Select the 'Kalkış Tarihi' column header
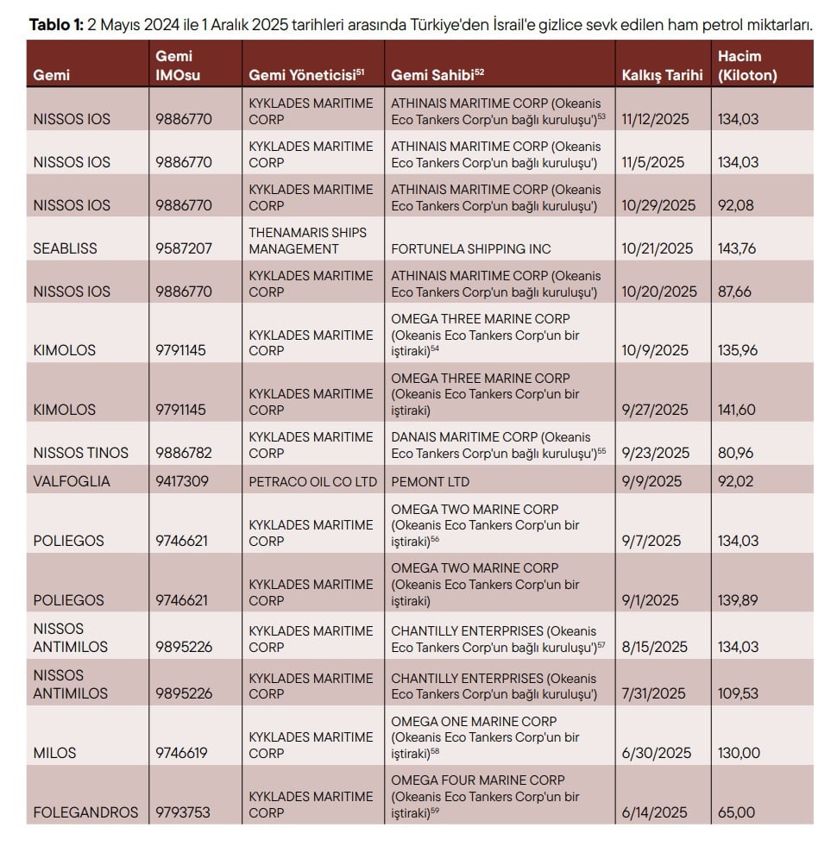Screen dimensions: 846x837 click(x=662, y=75)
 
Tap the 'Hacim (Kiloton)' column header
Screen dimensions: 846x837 click(x=747, y=66)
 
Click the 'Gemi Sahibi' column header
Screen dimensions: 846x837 click(x=432, y=75)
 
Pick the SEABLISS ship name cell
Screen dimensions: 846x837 click(x=65, y=248)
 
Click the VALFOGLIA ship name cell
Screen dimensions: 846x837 click(x=72, y=481)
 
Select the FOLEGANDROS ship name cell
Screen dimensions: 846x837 click(x=85, y=812)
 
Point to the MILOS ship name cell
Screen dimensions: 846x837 click(x=54, y=753)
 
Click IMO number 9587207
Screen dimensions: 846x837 click(x=181, y=248)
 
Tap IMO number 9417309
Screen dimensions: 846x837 click(x=182, y=481)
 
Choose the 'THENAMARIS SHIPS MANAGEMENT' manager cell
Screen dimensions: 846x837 click(x=308, y=241)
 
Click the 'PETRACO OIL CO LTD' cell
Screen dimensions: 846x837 click(x=313, y=481)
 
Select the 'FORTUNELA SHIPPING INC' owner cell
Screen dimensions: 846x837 click(x=471, y=248)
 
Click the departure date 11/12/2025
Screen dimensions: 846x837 click(x=655, y=119)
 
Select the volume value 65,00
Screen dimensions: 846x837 click(x=736, y=812)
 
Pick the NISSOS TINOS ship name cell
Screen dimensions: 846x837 click(x=80, y=453)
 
